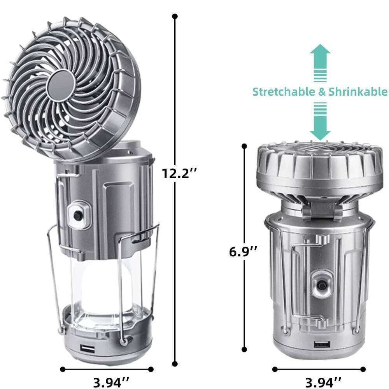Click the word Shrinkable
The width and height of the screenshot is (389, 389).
tap(358, 92)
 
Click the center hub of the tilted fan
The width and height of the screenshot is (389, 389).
tap(63, 82)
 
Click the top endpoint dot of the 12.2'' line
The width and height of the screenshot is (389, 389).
tap(175, 16)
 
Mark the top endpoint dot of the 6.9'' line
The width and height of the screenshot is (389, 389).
tap(244, 146)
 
